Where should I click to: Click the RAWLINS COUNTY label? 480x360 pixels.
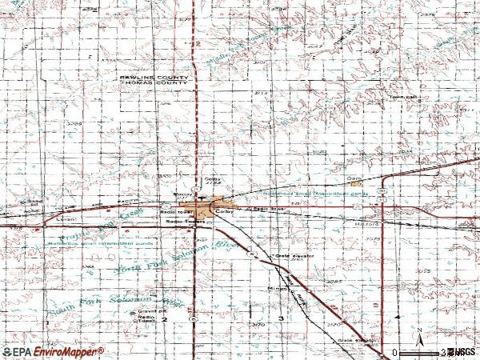pyautogui.click(x=154, y=77)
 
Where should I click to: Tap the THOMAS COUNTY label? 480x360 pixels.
pyautogui.click(x=154, y=83)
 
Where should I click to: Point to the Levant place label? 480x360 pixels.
pyautogui.click(x=65, y=218)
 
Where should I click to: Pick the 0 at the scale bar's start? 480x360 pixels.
pyautogui.click(x=394, y=352)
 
